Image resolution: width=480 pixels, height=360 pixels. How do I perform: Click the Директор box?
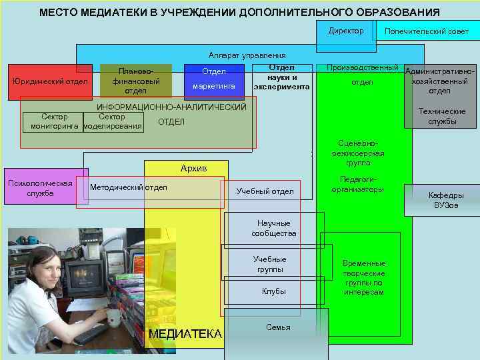point(346,31)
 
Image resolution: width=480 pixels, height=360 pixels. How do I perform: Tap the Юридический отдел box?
point(50,82)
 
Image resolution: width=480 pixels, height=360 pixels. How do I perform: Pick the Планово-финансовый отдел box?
point(135,81)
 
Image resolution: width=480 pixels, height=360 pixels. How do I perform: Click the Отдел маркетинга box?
point(213,79)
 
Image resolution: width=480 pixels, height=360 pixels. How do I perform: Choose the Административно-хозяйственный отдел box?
point(440,81)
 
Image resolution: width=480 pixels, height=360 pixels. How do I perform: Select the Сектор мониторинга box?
point(54,121)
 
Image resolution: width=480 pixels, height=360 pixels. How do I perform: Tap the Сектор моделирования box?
point(112,121)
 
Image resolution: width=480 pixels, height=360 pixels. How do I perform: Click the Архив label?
point(193,168)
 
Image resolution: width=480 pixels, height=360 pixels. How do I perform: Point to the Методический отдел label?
point(129,187)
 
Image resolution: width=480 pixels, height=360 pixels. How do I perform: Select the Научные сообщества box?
point(273,228)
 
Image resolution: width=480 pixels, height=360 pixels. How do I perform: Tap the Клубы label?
point(273,291)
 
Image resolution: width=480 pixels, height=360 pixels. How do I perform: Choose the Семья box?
point(277,327)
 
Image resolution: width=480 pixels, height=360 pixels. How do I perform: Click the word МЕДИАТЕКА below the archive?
point(185,334)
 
